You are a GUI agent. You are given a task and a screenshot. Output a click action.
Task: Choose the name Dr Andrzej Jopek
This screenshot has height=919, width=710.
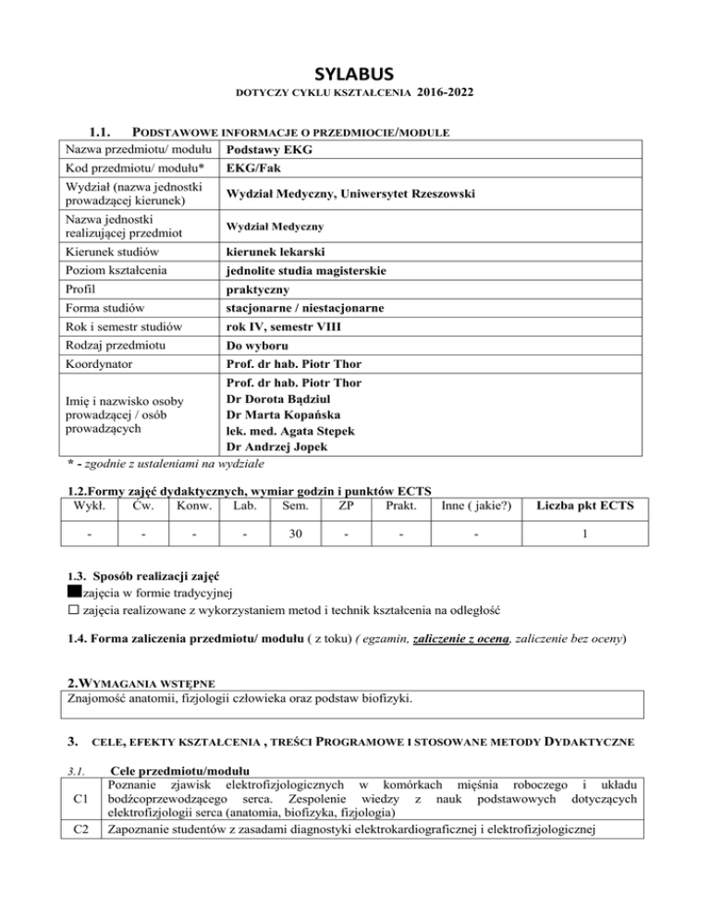click(x=283, y=447)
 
